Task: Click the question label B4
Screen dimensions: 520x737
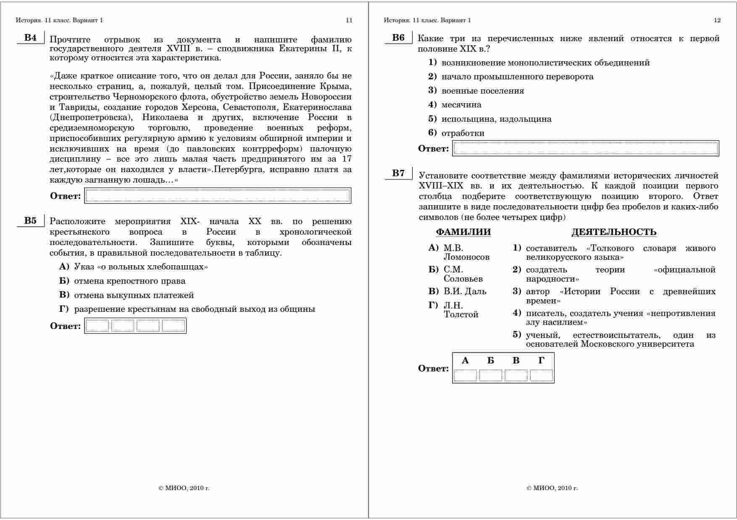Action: point(30,38)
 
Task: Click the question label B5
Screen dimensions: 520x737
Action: point(30,221)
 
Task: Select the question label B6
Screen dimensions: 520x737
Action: point(398,38)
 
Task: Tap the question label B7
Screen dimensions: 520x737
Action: point(398,173)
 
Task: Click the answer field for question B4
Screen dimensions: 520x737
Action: point(218,196)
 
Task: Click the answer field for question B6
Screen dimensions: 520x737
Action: point(586,149)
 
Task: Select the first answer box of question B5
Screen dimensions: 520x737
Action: point(97,326)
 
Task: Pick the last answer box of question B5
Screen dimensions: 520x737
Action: point(174,326)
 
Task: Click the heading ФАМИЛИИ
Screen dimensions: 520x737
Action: point(463,232)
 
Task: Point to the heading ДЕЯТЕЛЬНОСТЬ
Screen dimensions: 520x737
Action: point(613,232)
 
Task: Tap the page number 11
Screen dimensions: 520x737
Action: point(349,20)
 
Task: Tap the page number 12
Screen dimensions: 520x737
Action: point(717,20)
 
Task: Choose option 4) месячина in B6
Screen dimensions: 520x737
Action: point(461,105)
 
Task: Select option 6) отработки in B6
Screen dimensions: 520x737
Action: point(463,133)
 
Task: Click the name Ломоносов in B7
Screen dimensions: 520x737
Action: point(466,257)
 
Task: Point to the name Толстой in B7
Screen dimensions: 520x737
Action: point(461,314)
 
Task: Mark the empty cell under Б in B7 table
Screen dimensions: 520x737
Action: point(491,375)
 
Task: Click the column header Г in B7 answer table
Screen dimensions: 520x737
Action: point(541,361)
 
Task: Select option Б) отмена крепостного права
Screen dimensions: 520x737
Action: point(129,281)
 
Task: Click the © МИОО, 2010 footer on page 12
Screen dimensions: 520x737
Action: point(552,488)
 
